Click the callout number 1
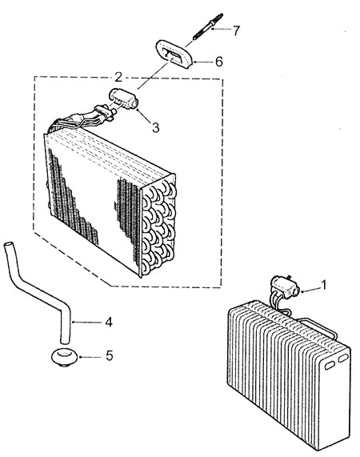pyautogui.click(x=323, y=285)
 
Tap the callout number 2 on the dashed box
pyautogui.click(x=118, y=77)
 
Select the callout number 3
pyautogui.click(x=155, y=127)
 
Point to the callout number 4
pyautogui.click(x=109, y=322)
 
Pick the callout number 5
pyautogui.click(x=110, y=355)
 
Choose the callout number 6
pyautogui.click(x=218, y=62)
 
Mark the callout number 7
pyautogui.click(x=236, y=30)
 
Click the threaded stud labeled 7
pyautogui.click(x=208, y=26)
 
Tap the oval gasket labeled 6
pyautogui.click(x=174, y=54)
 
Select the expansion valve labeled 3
pyautogui.click(x=123, y=99)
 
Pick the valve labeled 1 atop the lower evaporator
pyautogui.click(x=285, y=287)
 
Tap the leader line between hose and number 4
pyautogui.click(x=87, y=322)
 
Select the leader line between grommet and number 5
pyautogui.click(x=91, y=357)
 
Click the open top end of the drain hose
pyautogui.click(x=9, y=244)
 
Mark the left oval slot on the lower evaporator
pyautogui.click(x=330, y=366)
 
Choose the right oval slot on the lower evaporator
pyautogui.click(x=343, y=359)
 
